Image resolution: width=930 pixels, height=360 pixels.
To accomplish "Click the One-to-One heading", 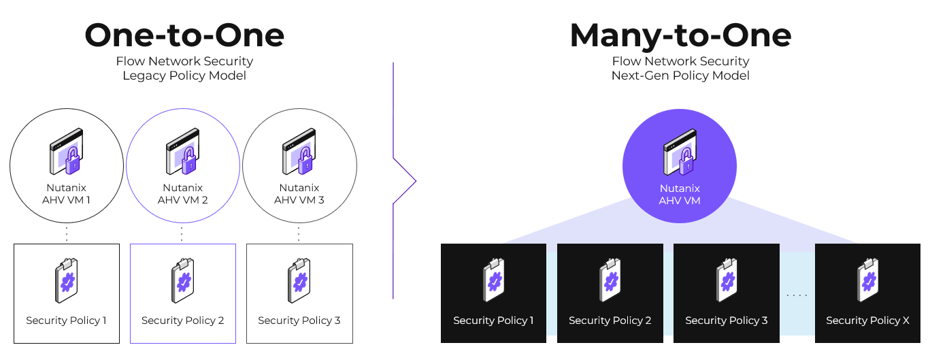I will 184,35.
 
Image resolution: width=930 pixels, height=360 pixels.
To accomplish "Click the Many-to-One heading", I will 680,35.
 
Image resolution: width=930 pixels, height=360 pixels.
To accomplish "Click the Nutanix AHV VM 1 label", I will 66,194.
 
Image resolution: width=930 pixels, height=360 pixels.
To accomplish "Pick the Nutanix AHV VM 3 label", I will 299,194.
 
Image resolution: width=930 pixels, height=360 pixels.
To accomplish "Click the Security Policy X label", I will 867,321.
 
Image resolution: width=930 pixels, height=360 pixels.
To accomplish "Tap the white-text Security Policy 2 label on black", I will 610,321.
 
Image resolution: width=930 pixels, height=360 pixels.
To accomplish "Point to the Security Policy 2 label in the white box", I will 182,321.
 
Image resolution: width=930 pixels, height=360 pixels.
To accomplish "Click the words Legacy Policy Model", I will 184,76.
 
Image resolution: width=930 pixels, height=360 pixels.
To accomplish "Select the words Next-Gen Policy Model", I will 680,76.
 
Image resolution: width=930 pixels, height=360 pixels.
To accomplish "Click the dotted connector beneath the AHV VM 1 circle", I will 67,233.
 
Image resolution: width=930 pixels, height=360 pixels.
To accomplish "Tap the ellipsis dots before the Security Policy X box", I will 797,295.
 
